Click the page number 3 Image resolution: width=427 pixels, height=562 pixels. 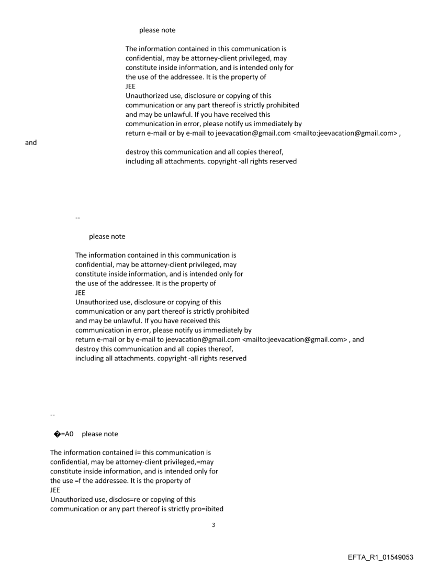pyautogui.click(x=213, y=524)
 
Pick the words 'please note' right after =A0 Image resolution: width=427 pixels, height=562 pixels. pyautogui.click(x=100, y=434)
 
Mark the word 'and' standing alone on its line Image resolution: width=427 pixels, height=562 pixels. pyautogui.click(x=31, y=142)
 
